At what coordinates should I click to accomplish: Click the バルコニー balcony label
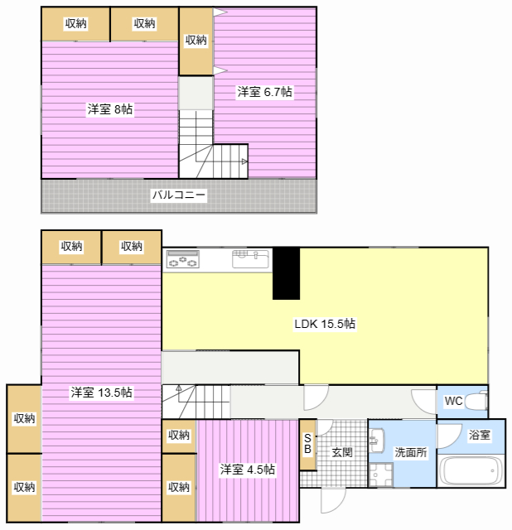click(x=179, y=195)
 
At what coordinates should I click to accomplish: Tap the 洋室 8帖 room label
click(x=110, y=109)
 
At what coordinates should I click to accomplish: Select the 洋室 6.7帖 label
click(x=264, y=92)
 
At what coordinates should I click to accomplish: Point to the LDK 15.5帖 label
click(x=325, y=324)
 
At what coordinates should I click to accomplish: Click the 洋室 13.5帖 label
click(x=101, y=393)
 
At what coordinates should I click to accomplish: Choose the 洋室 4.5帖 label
click(x=247, y=470)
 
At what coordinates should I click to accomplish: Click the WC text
click(x=453, y=401)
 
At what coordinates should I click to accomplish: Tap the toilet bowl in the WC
click(x=476, y=402)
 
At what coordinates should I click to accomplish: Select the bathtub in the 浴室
click(x=471, y=470)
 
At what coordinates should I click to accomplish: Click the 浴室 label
click(x=480, y=435)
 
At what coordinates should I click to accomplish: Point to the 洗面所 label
click(x=411, y=452)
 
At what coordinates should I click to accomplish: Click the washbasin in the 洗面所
click(x=376, y=441)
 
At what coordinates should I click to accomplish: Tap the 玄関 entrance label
click(x=342, y=452)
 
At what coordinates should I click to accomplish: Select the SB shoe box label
click(x=307, y=444)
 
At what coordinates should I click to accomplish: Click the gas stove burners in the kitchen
click(x=182, y=259)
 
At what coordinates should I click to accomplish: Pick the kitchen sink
click(x=250, y=259)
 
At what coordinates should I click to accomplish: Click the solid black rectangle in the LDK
click(x=286, y=273)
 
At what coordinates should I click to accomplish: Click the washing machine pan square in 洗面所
click(x=381, y=475)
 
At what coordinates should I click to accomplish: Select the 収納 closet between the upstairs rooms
click(x=196, y=41)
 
